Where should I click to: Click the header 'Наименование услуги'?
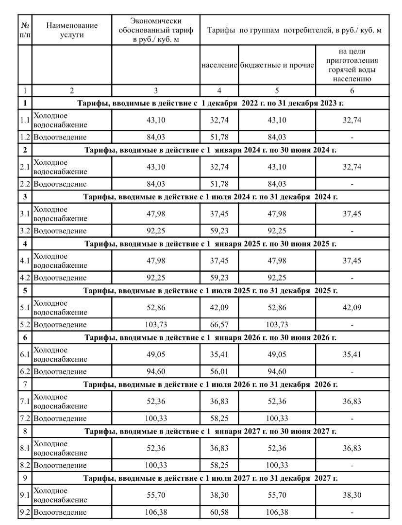click(x=72, y=30)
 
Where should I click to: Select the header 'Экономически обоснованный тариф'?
click(x=156, y=30)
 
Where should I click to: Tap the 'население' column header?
click(x=219, y=65)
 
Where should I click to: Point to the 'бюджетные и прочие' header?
click(x=277, y=65)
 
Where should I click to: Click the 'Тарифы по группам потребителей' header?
click(x=294, y=30)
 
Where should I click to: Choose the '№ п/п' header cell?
click(x=25, y=30)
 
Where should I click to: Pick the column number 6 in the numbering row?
click(x=352, y=90)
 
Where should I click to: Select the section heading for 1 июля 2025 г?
click(x=210, y=291)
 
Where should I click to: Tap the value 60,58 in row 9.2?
click(x=219, y=512)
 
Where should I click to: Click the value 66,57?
click(x=219, y=325)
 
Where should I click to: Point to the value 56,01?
click(x=219, y=372)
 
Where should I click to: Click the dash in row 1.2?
click(x=352, y=137)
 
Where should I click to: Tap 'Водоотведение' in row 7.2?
click(x=60, y=419)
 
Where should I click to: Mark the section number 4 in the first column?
click(x=25, y=244)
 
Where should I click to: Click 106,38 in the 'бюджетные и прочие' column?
click(x=277, y=512)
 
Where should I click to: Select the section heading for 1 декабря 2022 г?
click(x=210, y=103)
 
